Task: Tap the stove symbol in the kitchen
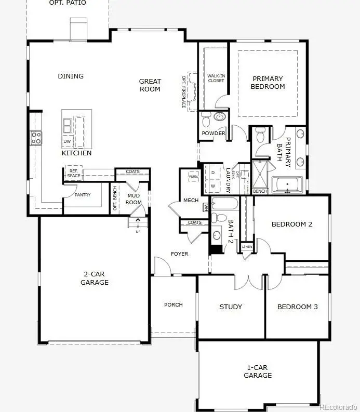point(36,138)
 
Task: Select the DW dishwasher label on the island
point(67,141)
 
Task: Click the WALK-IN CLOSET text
point(216,78)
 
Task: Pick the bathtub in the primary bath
point(287,184)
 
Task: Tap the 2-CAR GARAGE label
point(95,278)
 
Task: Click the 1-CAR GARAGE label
point(258,371)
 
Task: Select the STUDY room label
point(231,307)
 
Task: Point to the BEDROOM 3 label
point(297,307)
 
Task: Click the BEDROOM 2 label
point(292,224)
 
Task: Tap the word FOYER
point(180,254)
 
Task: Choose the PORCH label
point(173,304)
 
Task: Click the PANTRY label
point(82,195)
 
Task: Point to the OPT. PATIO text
point(68,3)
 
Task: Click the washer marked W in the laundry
point(213,185)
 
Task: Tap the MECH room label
point(191,201)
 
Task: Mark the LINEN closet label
point(247,246)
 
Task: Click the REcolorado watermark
point(338,407)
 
